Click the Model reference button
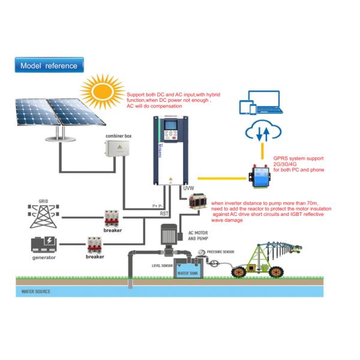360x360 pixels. tap(49, 65)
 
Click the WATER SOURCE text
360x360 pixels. tap(36, 292)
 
